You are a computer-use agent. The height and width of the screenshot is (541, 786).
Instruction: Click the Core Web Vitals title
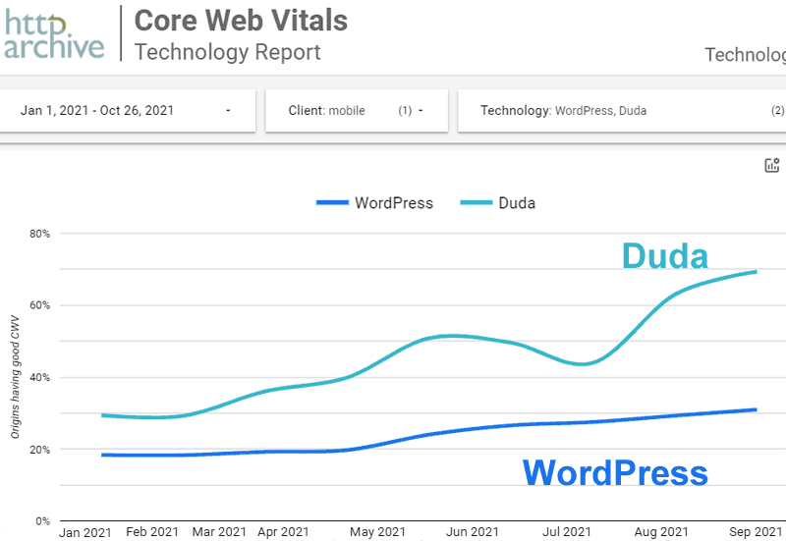(x=241, y=20)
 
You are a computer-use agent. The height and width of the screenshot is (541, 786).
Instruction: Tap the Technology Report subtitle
(x=227, y=52)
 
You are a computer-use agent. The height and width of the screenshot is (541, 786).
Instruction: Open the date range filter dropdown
(x=126, y=111)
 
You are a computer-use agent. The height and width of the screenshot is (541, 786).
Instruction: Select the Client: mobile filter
(x=356, y=111)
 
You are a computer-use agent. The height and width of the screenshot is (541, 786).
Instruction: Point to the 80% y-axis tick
(x=40, y=234)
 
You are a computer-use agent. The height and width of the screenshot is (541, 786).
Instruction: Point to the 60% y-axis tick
(x=40, y=305)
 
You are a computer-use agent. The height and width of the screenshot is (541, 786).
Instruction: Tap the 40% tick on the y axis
(x=40, y=377)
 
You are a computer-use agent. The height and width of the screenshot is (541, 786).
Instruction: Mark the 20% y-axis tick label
(x=40, y=449)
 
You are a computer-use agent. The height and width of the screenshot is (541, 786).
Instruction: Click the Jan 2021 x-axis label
(x=86, y=531)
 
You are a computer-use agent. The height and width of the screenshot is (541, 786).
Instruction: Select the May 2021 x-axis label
(x=377, y=531)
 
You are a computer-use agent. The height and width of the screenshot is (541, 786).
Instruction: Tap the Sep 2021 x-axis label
(x=755, y=531)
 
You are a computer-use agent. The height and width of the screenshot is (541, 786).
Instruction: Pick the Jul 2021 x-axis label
(x=568, y=531)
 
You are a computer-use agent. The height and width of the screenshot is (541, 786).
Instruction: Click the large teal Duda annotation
(x=664, y=256)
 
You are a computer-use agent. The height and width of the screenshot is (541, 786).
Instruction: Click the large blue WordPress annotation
(x=614, y=472)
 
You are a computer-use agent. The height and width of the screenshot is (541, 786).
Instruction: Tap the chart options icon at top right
(x=771, y=165)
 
